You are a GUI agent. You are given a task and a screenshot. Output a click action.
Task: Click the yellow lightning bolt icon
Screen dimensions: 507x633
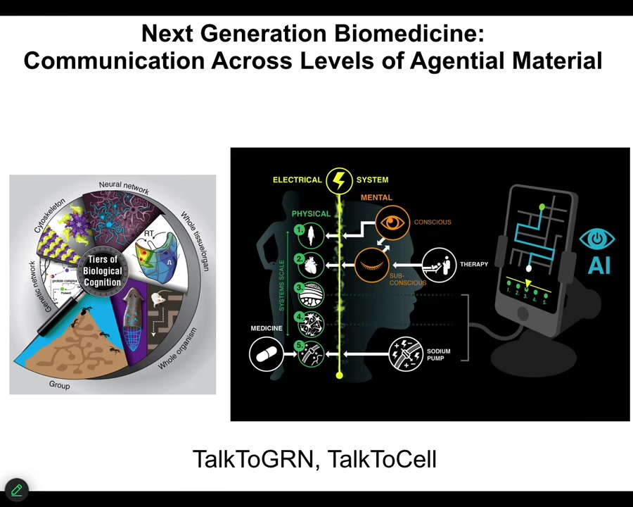tap(340, 180)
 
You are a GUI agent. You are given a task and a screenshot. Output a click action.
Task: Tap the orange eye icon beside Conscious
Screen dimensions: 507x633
tap(392, 223)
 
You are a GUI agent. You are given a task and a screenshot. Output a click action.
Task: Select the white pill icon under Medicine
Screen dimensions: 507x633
tap(266, 353)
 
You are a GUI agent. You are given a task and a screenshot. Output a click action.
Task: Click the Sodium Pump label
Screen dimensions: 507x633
tap(438, 354)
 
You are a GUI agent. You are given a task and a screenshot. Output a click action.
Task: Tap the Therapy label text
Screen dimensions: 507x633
tap(473, 264)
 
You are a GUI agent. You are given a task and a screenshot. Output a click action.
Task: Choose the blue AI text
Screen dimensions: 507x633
tap(597, 265)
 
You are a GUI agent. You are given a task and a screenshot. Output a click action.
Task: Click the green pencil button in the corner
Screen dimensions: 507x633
tap(16, 489)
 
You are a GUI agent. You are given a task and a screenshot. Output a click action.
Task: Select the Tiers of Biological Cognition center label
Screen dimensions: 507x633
tap(102, 271)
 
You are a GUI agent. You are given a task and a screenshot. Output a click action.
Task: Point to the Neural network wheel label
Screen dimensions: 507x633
tap(124, 187)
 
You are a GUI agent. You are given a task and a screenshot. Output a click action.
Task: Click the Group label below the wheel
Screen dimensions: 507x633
tap(60, 385)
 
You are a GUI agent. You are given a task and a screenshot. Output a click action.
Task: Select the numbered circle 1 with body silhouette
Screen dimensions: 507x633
tap(309, 233)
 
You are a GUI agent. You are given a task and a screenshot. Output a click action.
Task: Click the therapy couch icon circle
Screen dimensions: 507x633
tap(439, 265)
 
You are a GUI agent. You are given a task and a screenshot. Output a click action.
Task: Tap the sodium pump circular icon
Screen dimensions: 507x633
tap(405, 353)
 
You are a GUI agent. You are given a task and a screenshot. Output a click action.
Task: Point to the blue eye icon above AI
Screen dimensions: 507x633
tap(597, 239)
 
